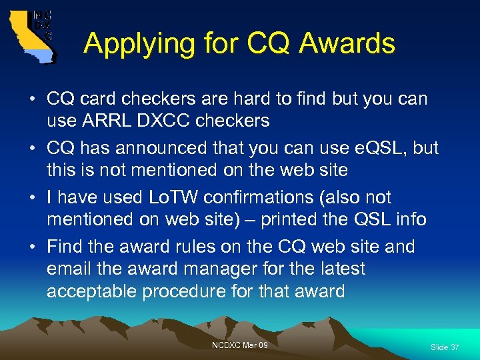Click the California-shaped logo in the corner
pos(32,35)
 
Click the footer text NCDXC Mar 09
pos(239,345)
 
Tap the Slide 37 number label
pos(445,347)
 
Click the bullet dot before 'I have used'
pos(31,198)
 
